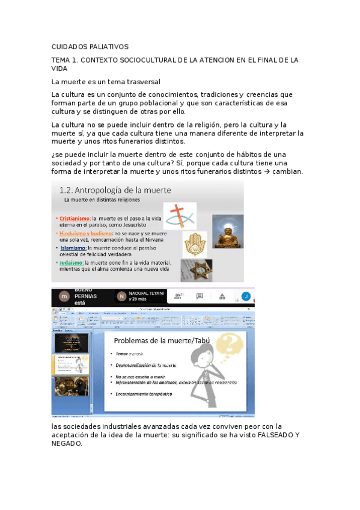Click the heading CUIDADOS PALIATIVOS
(90, 47)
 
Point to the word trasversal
(140, 81)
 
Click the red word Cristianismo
(73, 218)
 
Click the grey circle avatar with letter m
(63, 296)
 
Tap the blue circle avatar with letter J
(245, 296)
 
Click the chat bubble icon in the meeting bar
(200, 296)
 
